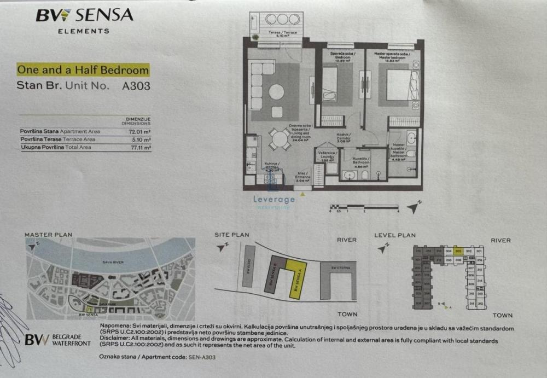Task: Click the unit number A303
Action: click(x=137, y=86)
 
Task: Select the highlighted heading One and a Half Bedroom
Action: click(x=83, y=70)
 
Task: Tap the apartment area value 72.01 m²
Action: click(x=140, y=132)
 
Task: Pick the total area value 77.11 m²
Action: click(x=140, y=147)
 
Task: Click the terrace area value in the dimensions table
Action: click(x=141, y=139)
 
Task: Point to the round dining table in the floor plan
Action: click(x=281, y=139)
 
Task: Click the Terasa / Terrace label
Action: click(x=282, y=33)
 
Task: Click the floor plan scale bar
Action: click(x=364, y=206)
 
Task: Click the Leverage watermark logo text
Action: click(x=274, y=199)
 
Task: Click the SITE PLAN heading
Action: click(x=232, y=235)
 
